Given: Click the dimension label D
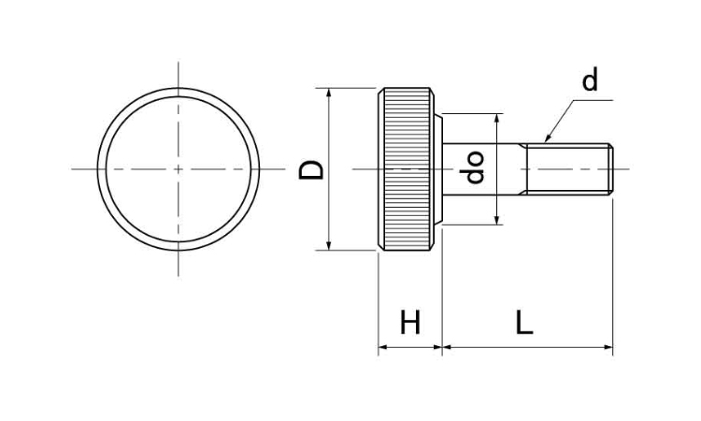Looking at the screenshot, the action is (311, 169).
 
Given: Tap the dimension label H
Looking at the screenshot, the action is (410, 322).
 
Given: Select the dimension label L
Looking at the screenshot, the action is (524, 322).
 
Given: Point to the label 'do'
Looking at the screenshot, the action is (474, 167).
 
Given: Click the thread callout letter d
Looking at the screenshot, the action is (590, 80).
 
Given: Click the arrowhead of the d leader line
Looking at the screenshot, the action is (548, 138).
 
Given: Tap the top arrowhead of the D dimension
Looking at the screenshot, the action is (329, 93).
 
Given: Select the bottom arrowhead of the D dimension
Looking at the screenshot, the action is (329, 246).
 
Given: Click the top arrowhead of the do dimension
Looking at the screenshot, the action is (496, 118).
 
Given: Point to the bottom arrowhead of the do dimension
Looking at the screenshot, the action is (496, 220).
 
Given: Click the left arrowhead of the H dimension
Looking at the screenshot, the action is (382, 347).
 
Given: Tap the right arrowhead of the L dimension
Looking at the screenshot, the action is (608, 347).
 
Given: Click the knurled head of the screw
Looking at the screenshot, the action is (406, 169).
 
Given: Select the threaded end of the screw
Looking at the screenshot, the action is (568, 169).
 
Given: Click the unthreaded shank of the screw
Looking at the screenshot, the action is (481, 169).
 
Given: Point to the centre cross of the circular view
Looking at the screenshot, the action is (179, 169).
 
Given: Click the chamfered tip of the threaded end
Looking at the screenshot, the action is (610, 169).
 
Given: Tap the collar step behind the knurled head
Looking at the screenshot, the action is (438, 169).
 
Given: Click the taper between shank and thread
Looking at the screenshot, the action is (523, 169).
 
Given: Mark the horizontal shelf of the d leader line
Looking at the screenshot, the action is (593, 100).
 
